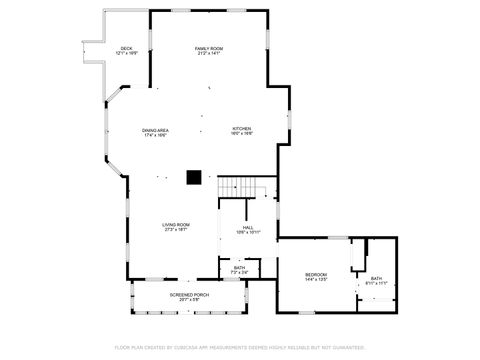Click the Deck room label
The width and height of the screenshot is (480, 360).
pos(126,48)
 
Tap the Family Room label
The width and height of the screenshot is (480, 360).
pos(208,48)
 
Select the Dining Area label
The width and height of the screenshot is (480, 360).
pos(154,130)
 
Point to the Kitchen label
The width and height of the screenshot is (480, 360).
pos(242,130)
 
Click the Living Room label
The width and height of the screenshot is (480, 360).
pos(176,225)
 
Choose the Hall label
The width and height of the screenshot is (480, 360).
pos(247,227)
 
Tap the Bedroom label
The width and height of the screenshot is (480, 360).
pos(316,274)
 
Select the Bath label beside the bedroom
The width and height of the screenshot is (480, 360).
pos(376,279)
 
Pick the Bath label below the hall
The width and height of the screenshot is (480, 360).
pos(240,267)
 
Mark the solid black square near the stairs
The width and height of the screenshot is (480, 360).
pos(194,179)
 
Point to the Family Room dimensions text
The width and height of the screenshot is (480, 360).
pos(208,54)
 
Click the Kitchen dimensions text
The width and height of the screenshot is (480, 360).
pos(242,135)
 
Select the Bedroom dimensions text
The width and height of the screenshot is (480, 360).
pos(316,280)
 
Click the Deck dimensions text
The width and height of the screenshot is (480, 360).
pos(126,54)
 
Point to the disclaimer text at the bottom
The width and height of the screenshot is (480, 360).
pos(240,347)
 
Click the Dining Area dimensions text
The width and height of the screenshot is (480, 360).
pos(154,135)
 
